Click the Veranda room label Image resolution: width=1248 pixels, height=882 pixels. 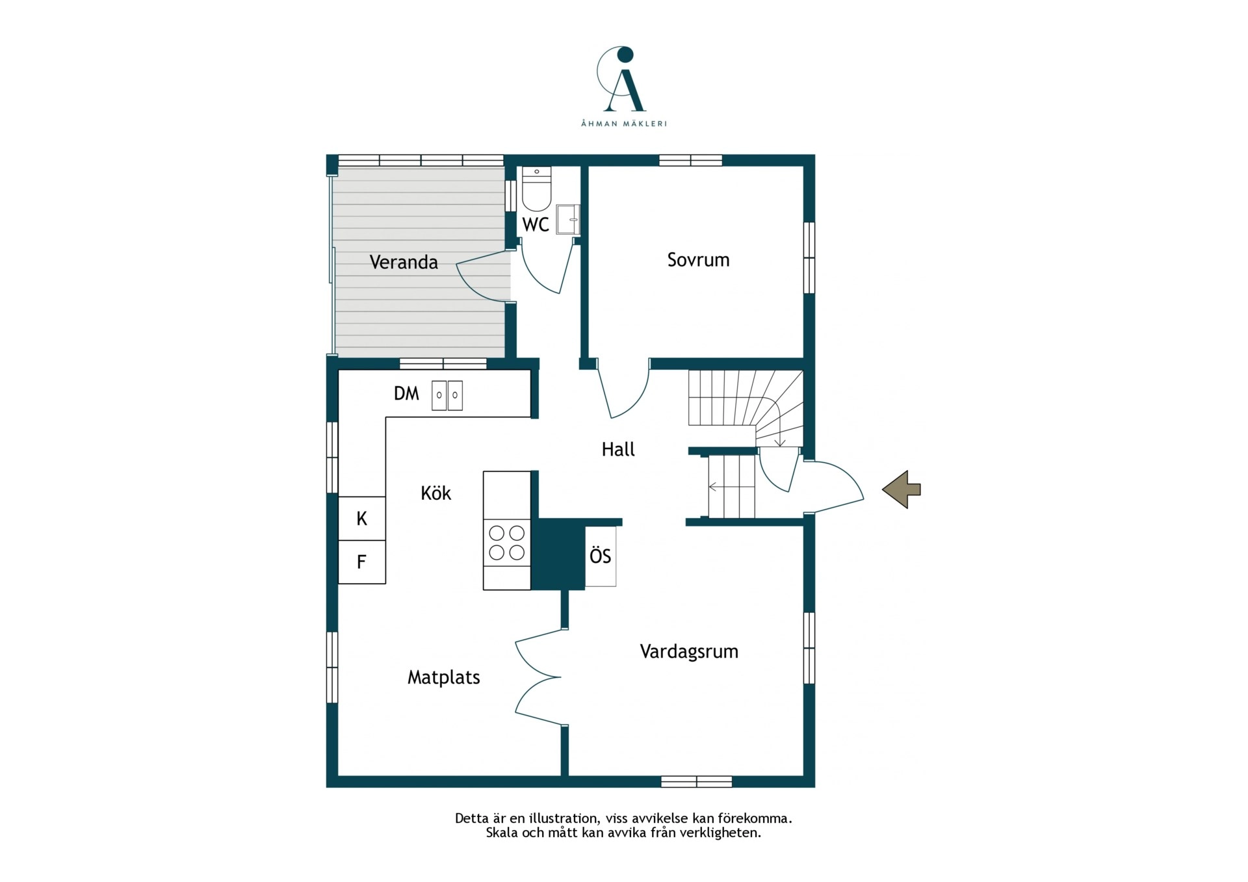(404, 262)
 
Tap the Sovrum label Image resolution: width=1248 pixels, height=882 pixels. (698, 260)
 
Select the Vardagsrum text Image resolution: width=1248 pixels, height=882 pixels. (689, 652)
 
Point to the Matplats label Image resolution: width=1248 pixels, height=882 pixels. (444, 678)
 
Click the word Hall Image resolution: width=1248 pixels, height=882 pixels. (618, 449)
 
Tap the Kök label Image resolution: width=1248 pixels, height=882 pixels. (435, 493)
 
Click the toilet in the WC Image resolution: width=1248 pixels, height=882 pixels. (536, 188)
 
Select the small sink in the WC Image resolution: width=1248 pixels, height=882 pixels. (568, 220)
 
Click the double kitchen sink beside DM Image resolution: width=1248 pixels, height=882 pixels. (447, 395)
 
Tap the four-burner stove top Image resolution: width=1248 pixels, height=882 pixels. (507, 543)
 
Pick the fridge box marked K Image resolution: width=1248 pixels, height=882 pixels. (362, 518)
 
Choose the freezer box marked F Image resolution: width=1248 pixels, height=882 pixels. (362, 562)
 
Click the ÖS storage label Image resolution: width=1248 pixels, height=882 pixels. (601, 556)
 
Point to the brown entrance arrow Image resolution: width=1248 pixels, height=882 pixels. (902, 489)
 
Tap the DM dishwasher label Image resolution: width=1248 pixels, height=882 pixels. (407, 393)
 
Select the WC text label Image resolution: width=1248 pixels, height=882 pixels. (536, 225)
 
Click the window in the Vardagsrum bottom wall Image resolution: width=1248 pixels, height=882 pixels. (697, 781)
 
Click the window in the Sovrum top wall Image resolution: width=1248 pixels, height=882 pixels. (690, 160)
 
